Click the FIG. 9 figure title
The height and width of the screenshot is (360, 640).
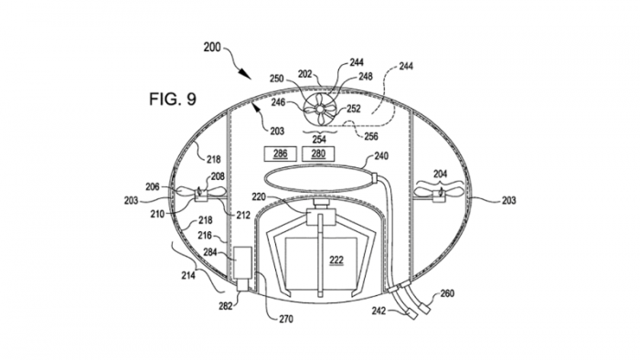[173, 99]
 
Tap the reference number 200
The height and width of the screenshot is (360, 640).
[212, 48]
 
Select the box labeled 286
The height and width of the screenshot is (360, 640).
[280, 154]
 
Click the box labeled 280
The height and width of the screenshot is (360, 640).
[318, 154]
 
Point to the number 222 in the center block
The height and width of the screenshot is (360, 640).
[336, 260]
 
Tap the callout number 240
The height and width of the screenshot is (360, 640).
[381, 156]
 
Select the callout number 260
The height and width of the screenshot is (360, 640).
[447, 293]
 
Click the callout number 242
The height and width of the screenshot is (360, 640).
[379, 311]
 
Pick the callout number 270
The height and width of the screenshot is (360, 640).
[285, 319]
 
